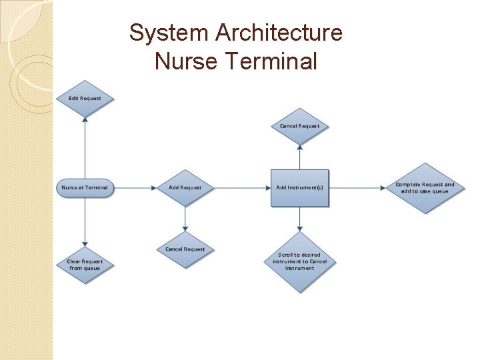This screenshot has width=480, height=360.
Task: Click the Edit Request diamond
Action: coord(85,99)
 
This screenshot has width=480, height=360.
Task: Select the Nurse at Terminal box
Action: coord(85,188)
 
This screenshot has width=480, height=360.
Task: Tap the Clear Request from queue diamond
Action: coord(85,265)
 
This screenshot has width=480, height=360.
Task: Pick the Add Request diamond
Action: coord(185,188)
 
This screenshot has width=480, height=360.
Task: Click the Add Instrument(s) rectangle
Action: coord(300,188)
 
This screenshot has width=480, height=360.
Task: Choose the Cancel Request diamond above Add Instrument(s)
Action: coord(300,126)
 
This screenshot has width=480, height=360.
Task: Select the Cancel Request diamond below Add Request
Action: coord(185,250)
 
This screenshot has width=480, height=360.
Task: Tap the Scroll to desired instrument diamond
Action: coord(300,261)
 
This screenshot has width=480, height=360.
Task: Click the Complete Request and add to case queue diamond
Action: coord(425,188)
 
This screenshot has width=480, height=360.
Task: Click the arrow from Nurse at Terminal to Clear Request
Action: coord(85,220)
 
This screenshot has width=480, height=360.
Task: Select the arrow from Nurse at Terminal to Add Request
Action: coord(135,188)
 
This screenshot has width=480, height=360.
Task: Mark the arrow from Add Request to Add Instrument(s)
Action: coord(240,188)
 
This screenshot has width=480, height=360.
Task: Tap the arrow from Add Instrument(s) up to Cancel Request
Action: coord(300,157)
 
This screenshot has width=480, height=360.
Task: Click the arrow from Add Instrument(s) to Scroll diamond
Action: coord(300,219)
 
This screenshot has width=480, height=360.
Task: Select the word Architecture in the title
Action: coord(276,33)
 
